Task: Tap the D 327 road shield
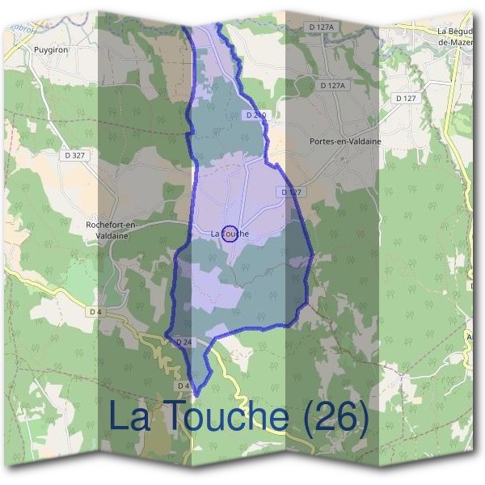(73, 154)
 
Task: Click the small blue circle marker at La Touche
(229, 234)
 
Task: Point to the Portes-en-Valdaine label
(345, 141)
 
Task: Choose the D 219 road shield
(255, 116)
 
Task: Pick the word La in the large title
(129, 417)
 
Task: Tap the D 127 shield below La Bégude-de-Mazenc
(406, 98)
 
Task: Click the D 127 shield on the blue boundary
(291, 192)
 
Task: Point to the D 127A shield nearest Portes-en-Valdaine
(331, 85)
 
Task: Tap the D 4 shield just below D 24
(183, 385)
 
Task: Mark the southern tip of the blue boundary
(194, 395)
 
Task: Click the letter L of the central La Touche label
(213, 234)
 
